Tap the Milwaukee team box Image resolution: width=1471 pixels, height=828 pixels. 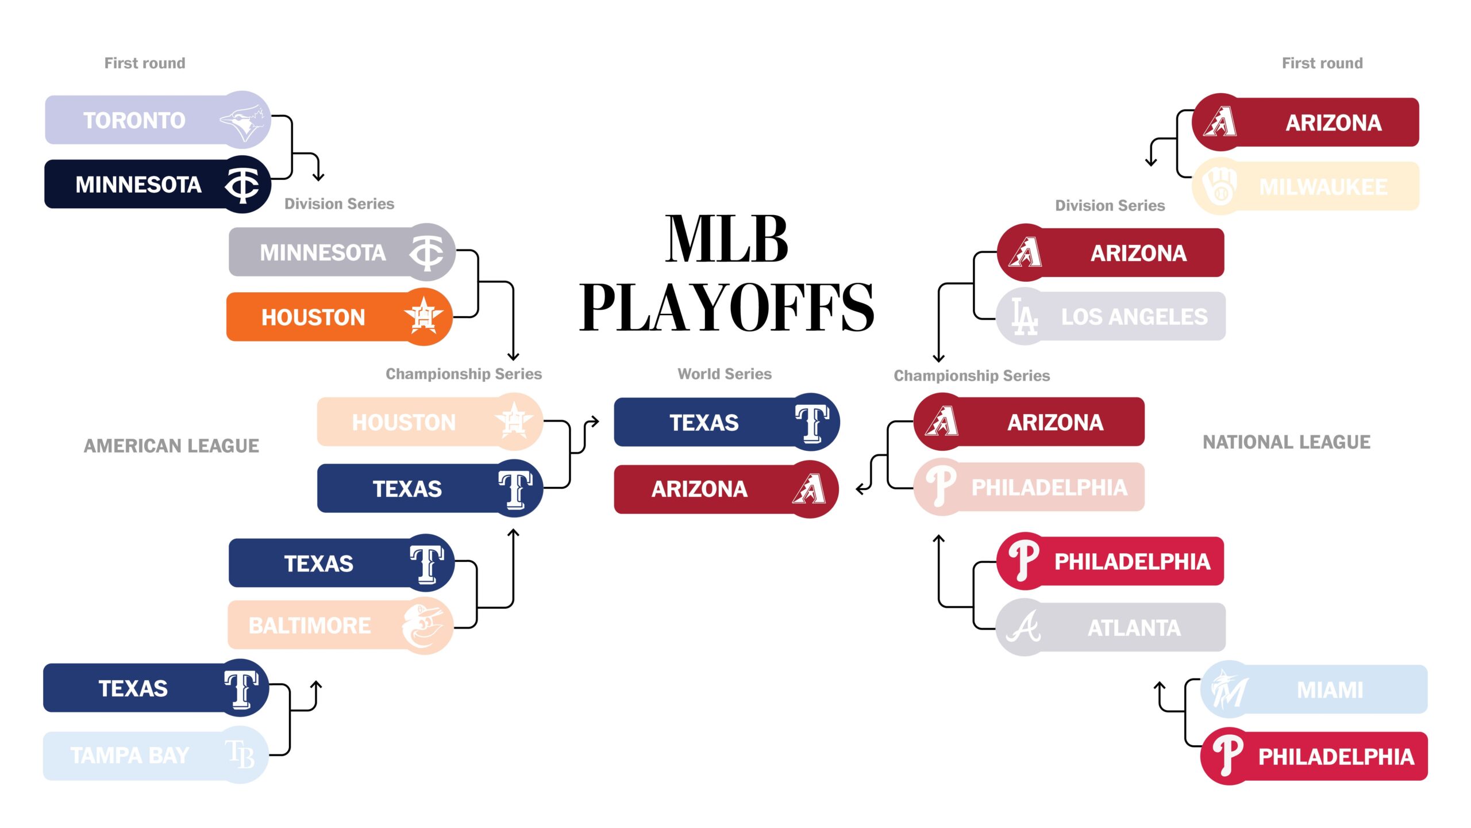(x=1306, y=186)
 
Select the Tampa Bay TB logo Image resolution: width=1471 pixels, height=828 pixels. (x=240, y=754)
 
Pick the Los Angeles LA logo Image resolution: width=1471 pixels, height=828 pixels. (x=1024, y=316)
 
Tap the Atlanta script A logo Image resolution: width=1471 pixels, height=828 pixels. (x=1024, y=627)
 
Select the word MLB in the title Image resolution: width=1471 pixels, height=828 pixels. (x=727, y=239)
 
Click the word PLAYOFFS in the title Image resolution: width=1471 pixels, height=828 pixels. (x=727, y=307)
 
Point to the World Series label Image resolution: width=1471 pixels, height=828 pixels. (x=725, y=374)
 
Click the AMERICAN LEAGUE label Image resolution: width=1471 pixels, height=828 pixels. (x=171, y=446)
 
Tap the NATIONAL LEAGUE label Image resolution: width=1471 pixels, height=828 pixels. (x=1287, y=442)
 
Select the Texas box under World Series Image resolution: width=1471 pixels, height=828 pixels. (x=727, y=422)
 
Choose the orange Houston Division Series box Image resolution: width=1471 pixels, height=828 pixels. (x=340, y=317)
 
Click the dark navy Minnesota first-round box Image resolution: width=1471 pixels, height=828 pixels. (x=157, y=184)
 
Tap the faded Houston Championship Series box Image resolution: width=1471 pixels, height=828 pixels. (x=430, y=422)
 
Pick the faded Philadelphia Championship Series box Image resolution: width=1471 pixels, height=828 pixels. (x=1029, y=486)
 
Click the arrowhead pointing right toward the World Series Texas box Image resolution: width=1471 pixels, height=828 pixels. (x=595, y=422)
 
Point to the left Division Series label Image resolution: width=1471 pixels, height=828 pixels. (x=339, y=204)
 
